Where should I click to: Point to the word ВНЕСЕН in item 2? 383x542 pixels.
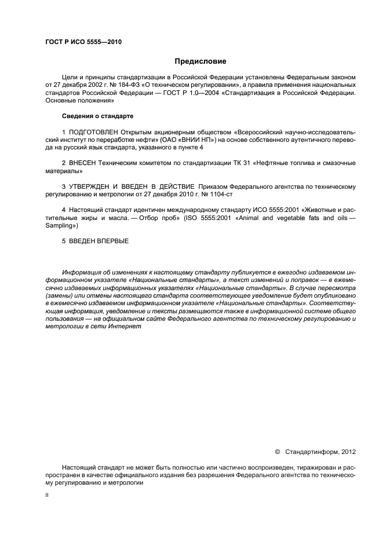coord(84,163)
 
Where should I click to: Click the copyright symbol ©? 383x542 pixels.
coord(277,450)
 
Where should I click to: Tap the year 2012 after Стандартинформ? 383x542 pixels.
coord(349,450)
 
